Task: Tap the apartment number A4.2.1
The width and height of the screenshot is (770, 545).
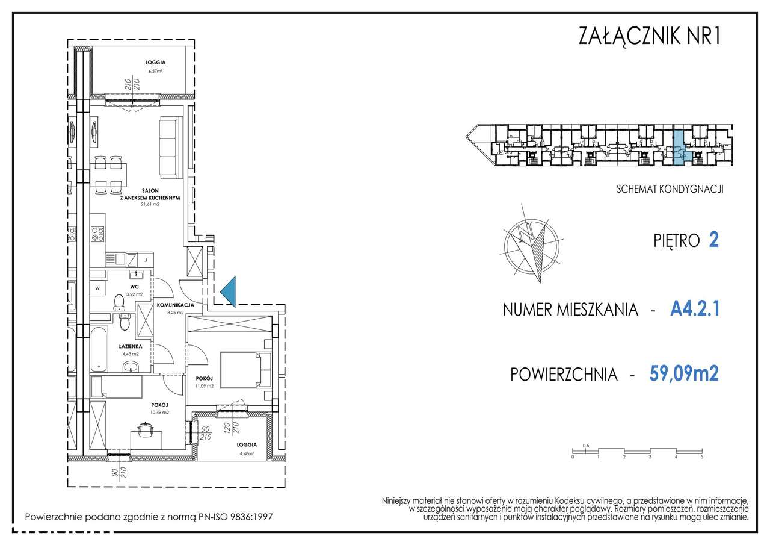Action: (694, 310)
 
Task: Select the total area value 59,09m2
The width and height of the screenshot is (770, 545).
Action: (684, 374)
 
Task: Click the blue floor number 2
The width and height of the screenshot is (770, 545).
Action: (713, 240)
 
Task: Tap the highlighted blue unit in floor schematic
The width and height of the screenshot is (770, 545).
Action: (678, 148)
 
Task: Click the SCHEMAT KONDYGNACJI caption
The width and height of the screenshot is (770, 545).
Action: (670, 189)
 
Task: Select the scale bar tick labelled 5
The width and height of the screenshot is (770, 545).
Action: (701, 458)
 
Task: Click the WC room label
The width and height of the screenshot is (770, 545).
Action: (134, 287)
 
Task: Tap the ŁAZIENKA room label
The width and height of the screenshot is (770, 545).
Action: (130, 347)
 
